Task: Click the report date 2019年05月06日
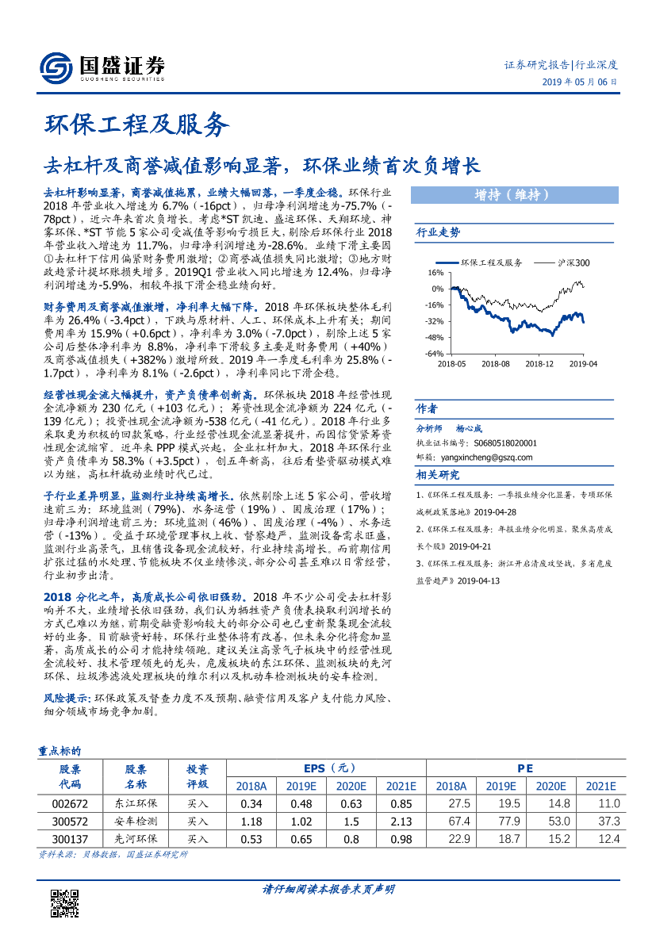pos(580,82)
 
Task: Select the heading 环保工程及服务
pos(136,124)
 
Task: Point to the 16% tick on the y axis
pos(437,272)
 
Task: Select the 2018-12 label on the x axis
pos(539,363)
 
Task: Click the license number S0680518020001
pos(504,444)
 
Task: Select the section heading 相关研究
pos(438,475)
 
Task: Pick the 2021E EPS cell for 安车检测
pos(401,821)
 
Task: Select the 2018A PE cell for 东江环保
pos(451,803)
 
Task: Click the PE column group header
pos(524,768)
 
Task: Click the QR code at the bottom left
pos(63,902)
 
